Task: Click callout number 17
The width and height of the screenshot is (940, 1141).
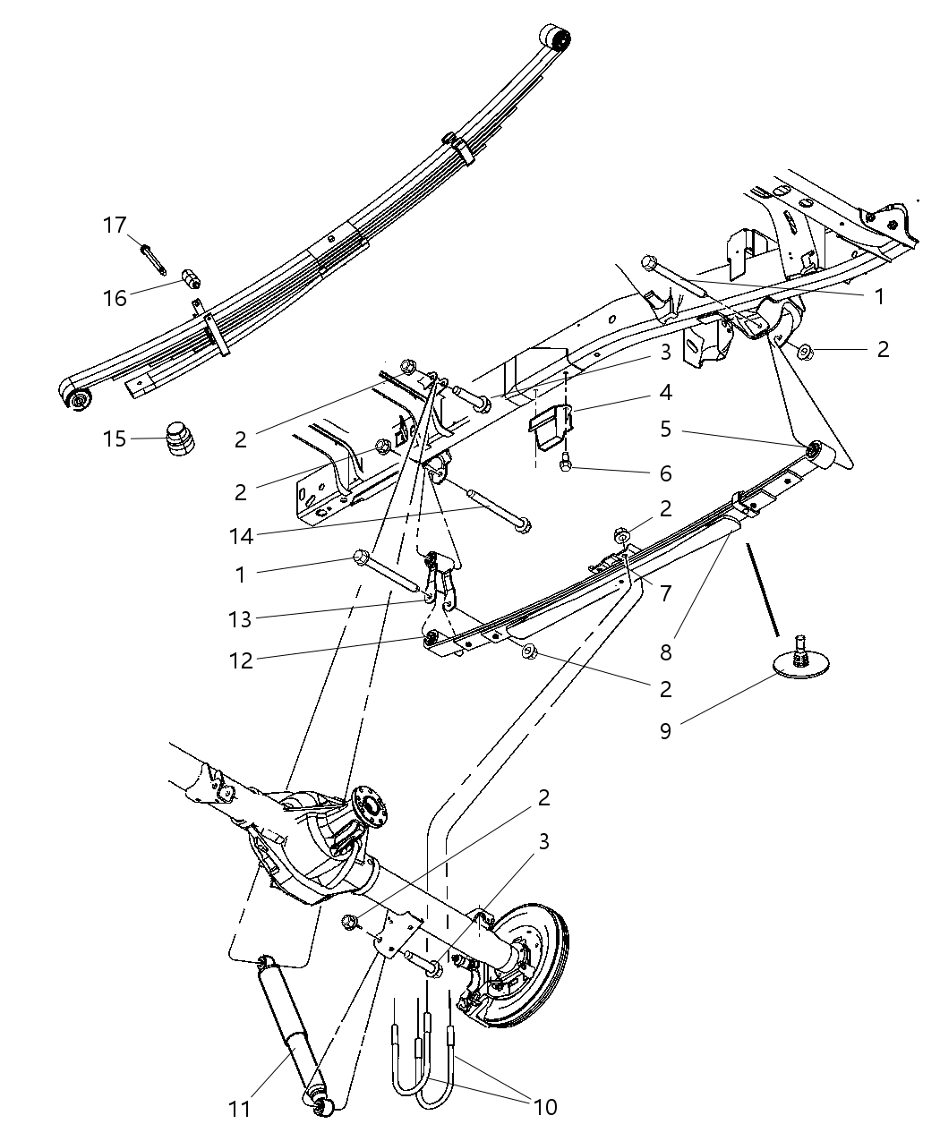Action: click(x=115, y=225)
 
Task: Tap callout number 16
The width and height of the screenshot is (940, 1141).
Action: click(x=115, y=297)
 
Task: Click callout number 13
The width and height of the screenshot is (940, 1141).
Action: click(x=240, y=618)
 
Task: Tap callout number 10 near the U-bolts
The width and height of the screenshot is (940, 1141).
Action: click(x=545, y=1107)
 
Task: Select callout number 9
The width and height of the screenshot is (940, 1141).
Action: click(x=665, y=730)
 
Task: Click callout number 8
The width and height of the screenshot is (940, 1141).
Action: click(x=665, y=652)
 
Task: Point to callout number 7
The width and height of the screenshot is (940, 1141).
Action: click(x=665, y=592)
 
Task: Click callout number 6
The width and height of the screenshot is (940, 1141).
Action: click(x=665, y=473)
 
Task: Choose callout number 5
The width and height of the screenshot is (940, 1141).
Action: click(x=665, y=429)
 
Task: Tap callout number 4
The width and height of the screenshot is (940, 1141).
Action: click(x=665, y=392)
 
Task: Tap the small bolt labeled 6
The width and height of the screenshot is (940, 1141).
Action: click(x=566, y=464)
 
